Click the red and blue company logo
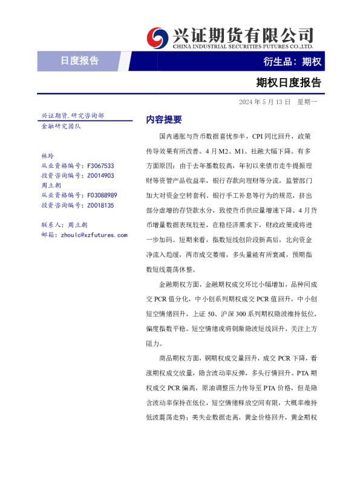(x=159, y=37)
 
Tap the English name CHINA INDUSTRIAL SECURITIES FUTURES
(x=243, y=46)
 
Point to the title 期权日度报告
(x=288, y=82)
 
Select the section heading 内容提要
(x=163, y=120)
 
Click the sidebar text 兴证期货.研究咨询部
(x=72, y=116)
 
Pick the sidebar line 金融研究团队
(x=61, y=126)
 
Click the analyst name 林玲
(x=47, y=156)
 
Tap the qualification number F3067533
(x=100, y=166)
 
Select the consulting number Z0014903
(x=100, y=176)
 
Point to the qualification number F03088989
(x=102, y=195)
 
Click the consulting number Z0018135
(x=100, y=205)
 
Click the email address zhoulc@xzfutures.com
(x=91, y=234)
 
